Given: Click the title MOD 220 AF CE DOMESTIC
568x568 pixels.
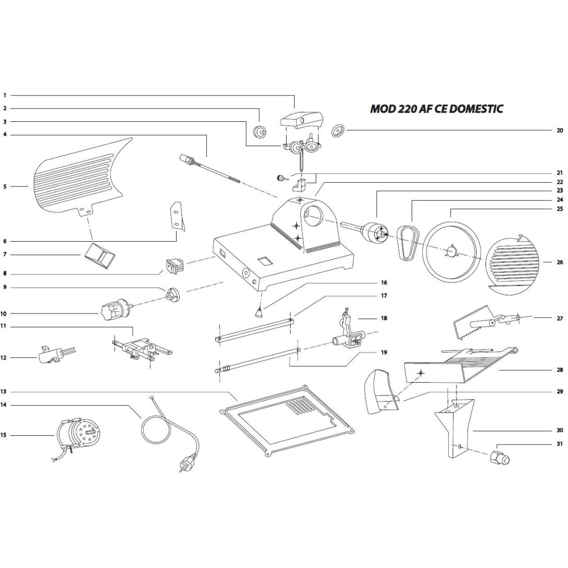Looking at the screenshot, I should click(x=436, y=109).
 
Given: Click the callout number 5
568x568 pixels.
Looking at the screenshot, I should click(x=5, y=186).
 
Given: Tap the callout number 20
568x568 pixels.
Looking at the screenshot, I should click(x=560, y=131).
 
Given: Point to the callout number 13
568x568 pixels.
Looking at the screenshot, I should click(x=5, y=392).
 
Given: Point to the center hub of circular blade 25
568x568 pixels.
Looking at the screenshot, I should click(x=452, y=252).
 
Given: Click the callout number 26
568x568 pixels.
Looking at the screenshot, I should click(x=560, y=262).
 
